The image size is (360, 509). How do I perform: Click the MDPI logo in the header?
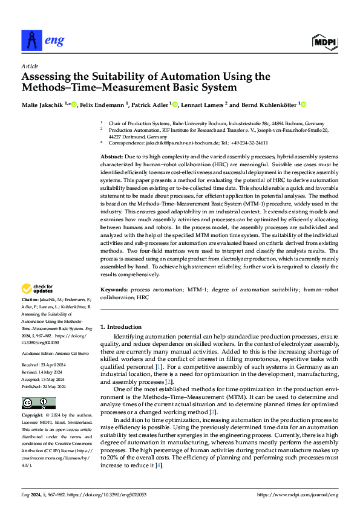tap(325, 41)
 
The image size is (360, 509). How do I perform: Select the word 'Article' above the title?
tap(30, 66)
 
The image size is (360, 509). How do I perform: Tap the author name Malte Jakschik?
tap(42, 105)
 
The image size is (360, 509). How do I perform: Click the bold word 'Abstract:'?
tap(113, 157)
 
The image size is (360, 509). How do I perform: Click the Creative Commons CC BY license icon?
tap(35, 403)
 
